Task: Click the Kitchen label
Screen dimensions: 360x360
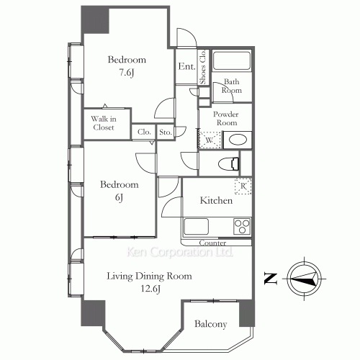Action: (x=215, y=200)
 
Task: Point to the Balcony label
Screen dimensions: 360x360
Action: (x=211, y=324)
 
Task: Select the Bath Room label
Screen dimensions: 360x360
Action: (x=231, y=86)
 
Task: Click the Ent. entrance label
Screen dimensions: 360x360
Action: (x=186, y=67)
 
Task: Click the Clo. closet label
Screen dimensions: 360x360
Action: (x=144, y=132)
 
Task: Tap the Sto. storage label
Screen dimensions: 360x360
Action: (x=165, y=132)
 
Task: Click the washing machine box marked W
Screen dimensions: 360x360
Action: (x=209, y=140)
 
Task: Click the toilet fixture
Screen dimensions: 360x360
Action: (x=232, y=163)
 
